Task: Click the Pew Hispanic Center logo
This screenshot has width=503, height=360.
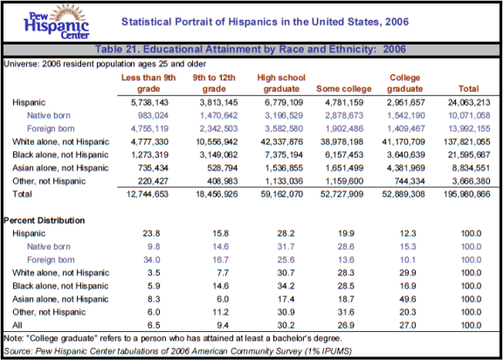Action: click(57, 22)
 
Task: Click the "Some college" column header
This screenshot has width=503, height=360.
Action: click(344, 89)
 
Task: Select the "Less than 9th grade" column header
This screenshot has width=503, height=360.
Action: click(148, 83)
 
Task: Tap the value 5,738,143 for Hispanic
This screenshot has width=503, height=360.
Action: click(149, 103)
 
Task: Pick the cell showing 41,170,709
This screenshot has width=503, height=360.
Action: click(403, 142)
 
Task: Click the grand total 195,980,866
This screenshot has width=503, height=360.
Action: click(467, 194)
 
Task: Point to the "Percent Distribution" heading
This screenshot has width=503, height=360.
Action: click(45, 220)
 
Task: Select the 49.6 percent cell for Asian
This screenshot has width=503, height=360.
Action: click(408, 299)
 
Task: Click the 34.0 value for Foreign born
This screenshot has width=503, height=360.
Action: click(152, 260)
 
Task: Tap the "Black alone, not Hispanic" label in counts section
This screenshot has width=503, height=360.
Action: click(60, 155)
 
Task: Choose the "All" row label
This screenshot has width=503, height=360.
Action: click(17, 325)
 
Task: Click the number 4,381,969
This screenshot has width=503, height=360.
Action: click(406, 168)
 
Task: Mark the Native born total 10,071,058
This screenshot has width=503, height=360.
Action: click(469, 115)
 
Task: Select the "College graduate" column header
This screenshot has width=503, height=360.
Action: click(405, 83)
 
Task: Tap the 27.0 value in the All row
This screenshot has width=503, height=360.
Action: click(408, 325)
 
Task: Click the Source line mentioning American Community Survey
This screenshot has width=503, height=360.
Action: click(178, 351)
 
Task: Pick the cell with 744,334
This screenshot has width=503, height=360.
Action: click(410, 181)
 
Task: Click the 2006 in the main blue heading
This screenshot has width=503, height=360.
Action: click(396, 22)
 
